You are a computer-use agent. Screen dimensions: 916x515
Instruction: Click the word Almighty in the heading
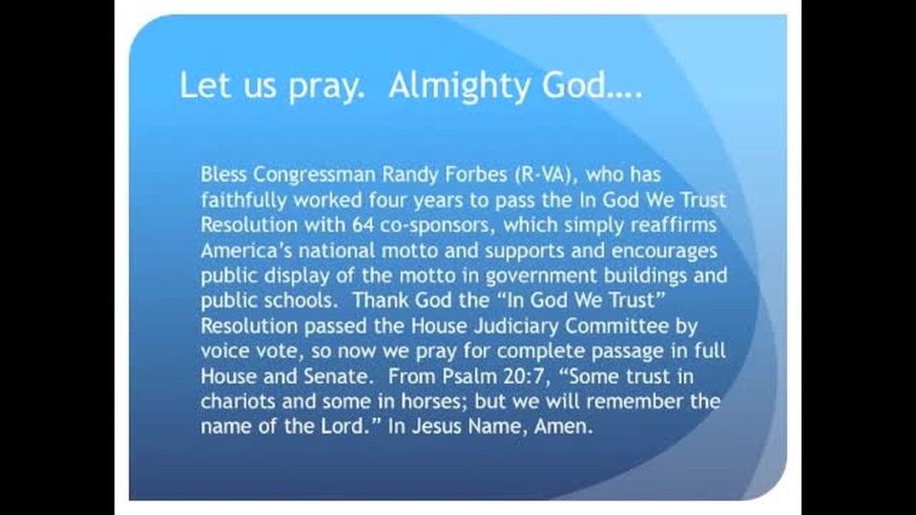point(460,87)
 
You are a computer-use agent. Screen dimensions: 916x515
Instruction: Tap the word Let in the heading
point(204,85)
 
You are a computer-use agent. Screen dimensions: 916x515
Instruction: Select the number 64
point(363,225)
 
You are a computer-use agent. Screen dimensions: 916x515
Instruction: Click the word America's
point(246,251)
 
